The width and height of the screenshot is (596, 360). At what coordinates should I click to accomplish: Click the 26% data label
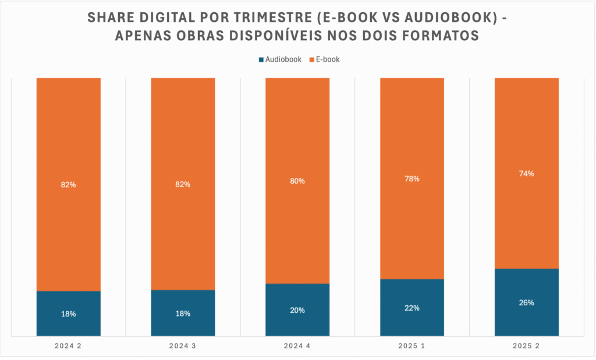pos(527,302)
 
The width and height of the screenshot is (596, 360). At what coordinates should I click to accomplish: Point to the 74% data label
pos(527,173)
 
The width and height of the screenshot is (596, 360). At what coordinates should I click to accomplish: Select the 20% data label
pos(297,310)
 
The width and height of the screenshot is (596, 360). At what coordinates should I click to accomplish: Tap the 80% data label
pos(297,181)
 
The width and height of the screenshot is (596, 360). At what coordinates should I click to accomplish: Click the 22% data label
pos(412,308)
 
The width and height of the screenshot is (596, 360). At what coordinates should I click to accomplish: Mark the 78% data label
pos(412,179)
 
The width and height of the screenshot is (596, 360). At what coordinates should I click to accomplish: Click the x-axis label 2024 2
pos(69,346)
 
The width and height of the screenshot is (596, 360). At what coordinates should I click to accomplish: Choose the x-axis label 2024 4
pos(297,346)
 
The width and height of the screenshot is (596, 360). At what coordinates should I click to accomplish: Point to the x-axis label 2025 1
pos(412,346)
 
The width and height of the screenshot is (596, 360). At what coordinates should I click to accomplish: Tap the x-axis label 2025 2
pos(527,346)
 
